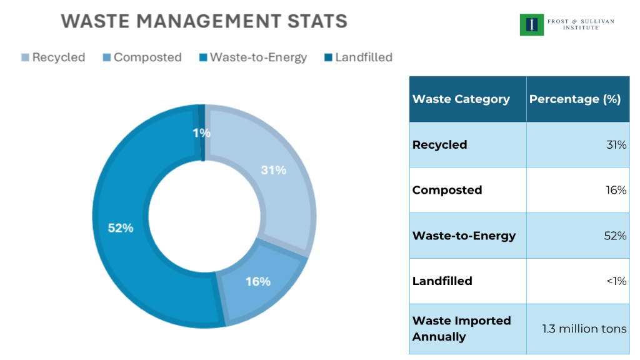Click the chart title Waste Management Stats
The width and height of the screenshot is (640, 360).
(x=204, y=21)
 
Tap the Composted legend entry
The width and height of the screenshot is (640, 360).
(x=142, y=57)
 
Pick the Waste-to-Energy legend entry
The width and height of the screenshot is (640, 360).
(x=253, y=57)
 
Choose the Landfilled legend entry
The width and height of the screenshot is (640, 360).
(x=358, y=57)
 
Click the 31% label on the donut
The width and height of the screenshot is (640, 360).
(x=273, y=170)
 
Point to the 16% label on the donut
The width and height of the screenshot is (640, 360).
(x=257, y=281)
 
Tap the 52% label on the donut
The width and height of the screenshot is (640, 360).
(x=121, y=228)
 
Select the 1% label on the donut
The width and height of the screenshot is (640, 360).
(x=201, y=132)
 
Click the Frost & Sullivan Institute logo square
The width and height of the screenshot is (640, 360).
(x=532, y=24)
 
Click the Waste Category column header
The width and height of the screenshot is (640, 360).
(x=461, y=99)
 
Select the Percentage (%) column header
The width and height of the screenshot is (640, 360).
(x=574, y=99)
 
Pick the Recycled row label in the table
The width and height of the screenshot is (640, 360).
(x=439, y=145)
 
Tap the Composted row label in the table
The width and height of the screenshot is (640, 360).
(x=447, y=190)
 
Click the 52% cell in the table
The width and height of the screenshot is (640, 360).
(x=614, y=236)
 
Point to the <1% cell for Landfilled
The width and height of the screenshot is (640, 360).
(x=616, y=281)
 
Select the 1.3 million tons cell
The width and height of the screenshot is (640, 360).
(x=584, y=329)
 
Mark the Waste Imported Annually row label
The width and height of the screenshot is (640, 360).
(x=461, y=329)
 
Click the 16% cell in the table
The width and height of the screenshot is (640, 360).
(x=614, y=190)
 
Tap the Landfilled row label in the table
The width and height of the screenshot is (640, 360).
(x=442, y=281)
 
